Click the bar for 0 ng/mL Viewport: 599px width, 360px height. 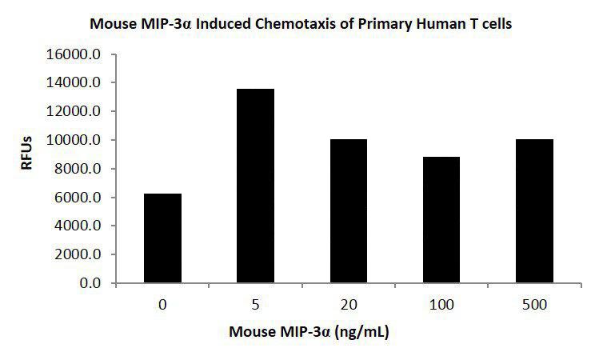[163, 238]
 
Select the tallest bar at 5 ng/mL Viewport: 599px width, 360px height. [256, 186]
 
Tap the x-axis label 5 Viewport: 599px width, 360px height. [256, 305]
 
